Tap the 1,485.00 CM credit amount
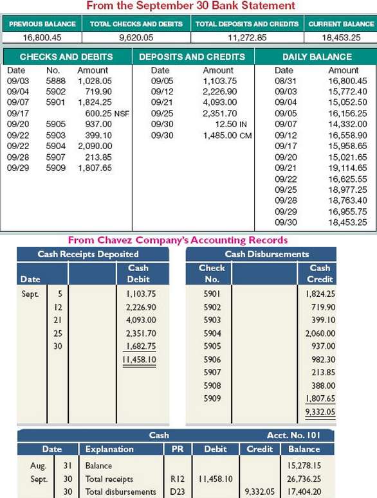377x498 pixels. (227, 136)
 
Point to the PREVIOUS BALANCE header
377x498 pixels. (42, 24)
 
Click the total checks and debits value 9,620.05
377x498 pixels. (136, 37)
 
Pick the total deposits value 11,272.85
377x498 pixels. (247, 37)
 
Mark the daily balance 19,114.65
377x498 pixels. (347, 168)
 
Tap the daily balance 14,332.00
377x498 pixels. (347, 124)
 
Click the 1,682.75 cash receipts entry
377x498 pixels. (141, 346)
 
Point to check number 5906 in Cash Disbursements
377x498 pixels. (212, 359)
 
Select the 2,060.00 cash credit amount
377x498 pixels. (320, 333)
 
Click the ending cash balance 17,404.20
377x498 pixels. (304, 492)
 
